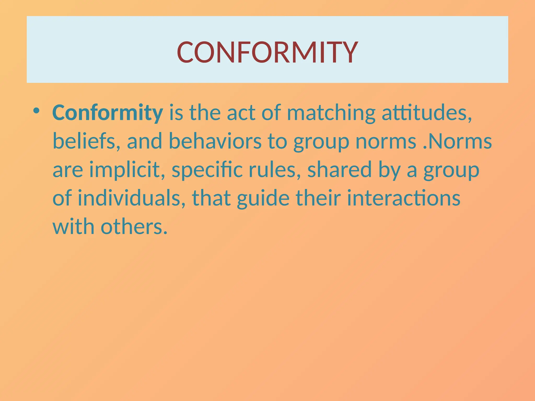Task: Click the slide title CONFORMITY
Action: (267, 52)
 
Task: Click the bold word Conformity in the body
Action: (107, 113)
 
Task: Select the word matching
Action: (331, 113)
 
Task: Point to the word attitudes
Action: (427, 113)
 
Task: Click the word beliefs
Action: (84, 141)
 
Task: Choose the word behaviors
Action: (215, 141)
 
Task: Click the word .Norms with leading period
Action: (457, 141)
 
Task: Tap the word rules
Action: (275, 170)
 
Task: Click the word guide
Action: (263, 198)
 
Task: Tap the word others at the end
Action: (134, 227)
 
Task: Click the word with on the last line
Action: (73, 227)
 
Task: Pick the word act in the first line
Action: (241, 113)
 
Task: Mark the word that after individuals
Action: (211, 198)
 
